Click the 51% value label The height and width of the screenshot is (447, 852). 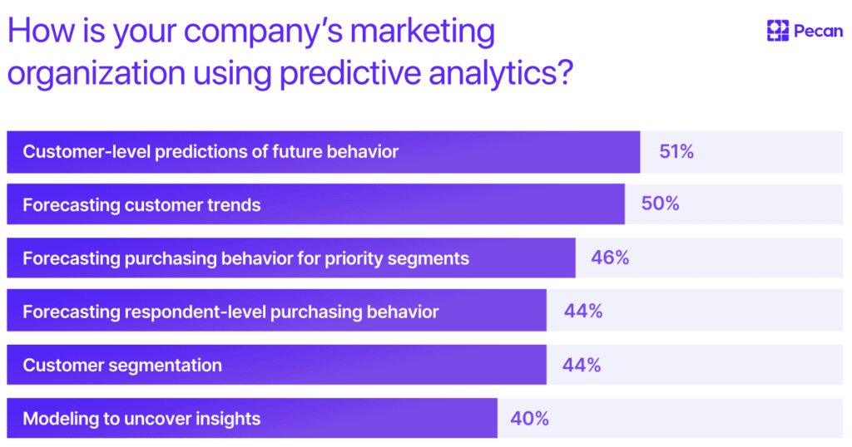pyautogui.click(x=676, y=152)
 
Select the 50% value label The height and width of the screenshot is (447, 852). pyautogui.click(x=660, y=204)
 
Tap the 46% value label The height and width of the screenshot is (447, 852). pyautogui.click(x=610, y=258)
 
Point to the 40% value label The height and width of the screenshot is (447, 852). pyautogui.click(x=530, y=419)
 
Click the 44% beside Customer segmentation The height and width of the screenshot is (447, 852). pyautogui.click(x=582, y=365)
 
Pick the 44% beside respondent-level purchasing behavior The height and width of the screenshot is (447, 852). pyautogui.click(x=582, y=312)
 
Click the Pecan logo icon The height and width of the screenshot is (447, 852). pyautogui.click(x=777, y=32)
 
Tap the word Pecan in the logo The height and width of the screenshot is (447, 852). pyautogui.click(x=817, y=32)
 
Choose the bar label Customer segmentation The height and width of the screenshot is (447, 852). pyautogui.click(x=122, y=365)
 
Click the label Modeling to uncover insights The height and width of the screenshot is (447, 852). pyautogui.click(x=141, y=419)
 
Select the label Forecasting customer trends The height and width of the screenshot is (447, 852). pyautogui.click(x=141, y=204)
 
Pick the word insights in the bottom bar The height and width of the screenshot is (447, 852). pyautogui.click(x=227, y=419)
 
